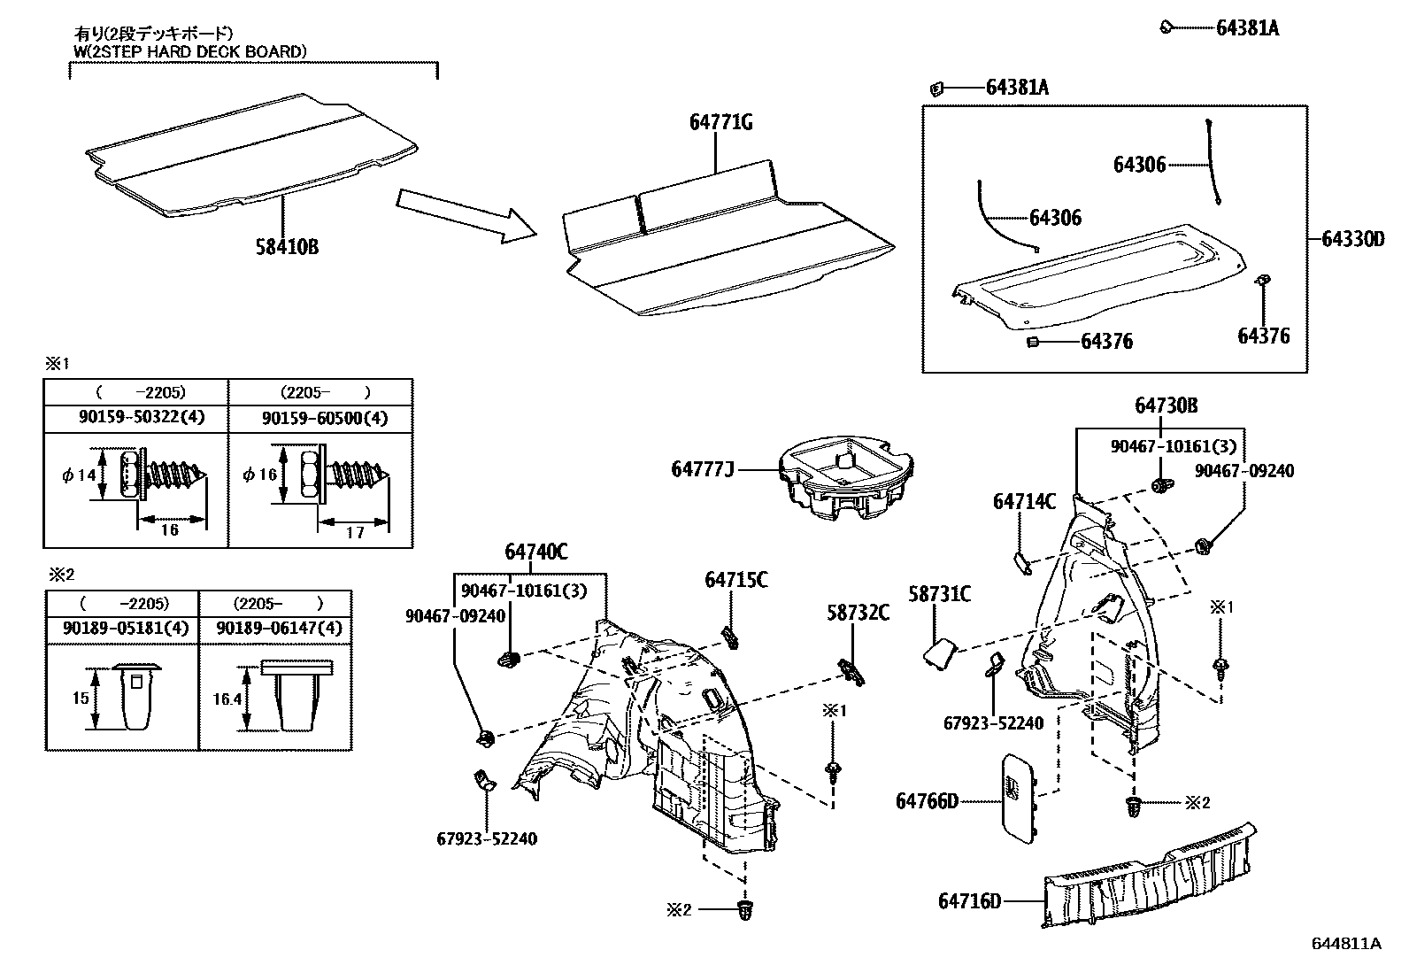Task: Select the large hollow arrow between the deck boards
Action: (466, 215)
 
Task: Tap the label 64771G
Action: (721, 123)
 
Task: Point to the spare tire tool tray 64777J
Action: (846, 482)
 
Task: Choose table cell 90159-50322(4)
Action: (135, 417)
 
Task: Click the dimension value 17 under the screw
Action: (354, 533)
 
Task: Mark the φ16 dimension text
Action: (260, 475)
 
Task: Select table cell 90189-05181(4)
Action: (122, 628)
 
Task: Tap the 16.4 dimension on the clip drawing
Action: (228, 699)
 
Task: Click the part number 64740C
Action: (536, 552)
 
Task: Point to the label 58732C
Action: (858, 612)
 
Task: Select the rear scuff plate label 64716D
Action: (970, 901)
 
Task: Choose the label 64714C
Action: (1024, 502)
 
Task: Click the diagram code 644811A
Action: (1345, 944)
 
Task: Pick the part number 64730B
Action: (1166, 405)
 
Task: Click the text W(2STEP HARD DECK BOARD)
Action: (189, 51)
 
